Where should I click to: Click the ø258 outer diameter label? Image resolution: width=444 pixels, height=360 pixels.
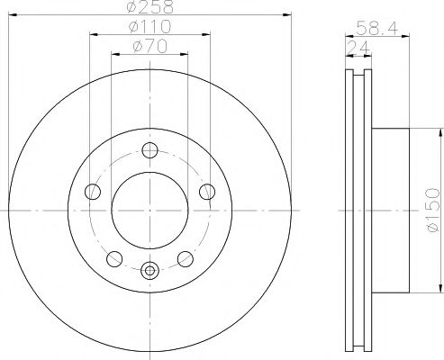(x=150, y=9)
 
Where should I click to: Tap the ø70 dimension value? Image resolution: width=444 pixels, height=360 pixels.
(x=150, y=48)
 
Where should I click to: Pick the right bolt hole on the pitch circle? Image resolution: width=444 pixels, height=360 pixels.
(x=206, y=191)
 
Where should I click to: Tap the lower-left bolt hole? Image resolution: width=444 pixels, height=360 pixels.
(x=114, y=258)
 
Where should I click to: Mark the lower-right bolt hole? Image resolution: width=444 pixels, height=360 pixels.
(x=186, y=258)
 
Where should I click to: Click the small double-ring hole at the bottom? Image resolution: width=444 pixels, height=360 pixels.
(x=150, y=267)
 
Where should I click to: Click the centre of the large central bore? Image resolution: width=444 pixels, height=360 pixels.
(x=150, y=210)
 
